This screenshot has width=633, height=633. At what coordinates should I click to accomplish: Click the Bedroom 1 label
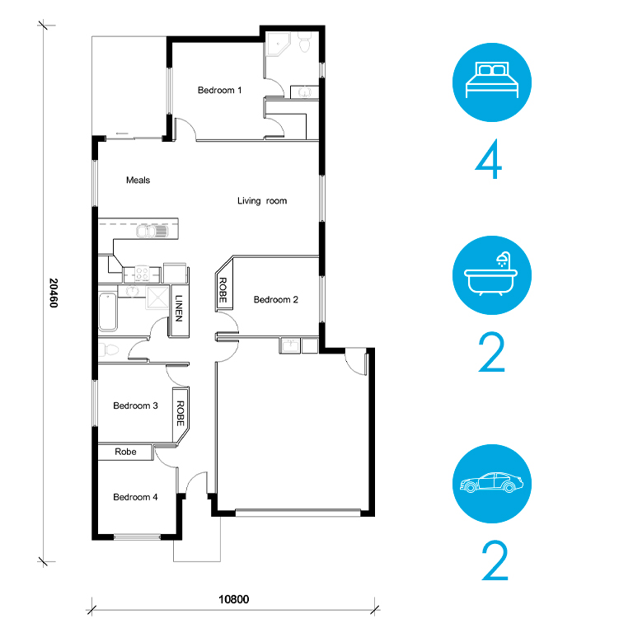tap(219, 90)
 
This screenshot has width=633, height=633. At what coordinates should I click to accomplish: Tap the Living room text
tap(262, 200)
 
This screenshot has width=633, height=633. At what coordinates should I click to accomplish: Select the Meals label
tap(138, 180)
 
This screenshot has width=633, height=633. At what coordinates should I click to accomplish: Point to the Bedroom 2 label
tap(276, 299)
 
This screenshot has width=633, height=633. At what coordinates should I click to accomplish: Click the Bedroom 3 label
tap(135, 406)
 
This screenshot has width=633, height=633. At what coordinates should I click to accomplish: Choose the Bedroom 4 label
tap(135, 497)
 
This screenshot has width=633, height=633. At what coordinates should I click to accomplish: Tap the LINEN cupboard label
tap(179, 308)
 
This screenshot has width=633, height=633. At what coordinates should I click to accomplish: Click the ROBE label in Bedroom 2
tap(223, 290)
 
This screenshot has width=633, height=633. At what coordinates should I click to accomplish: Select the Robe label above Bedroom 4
tap(125, 452)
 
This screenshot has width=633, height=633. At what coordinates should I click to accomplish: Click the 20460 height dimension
tap(54, 293)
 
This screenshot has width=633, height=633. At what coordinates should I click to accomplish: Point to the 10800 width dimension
tap(234, 599)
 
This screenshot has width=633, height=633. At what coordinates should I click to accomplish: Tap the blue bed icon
tap(492, 82)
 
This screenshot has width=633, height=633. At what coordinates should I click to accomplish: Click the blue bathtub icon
tap(492, 275)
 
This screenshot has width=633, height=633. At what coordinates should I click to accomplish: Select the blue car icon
tap(492, 484)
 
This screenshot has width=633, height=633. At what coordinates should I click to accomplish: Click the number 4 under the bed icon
tap(489, 159)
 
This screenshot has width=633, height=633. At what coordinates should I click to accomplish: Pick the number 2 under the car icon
tap(495, 560)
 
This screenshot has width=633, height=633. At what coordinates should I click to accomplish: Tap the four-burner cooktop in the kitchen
tap(142, 274)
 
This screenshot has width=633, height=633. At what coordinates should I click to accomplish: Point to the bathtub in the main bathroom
tap(108, 312)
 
